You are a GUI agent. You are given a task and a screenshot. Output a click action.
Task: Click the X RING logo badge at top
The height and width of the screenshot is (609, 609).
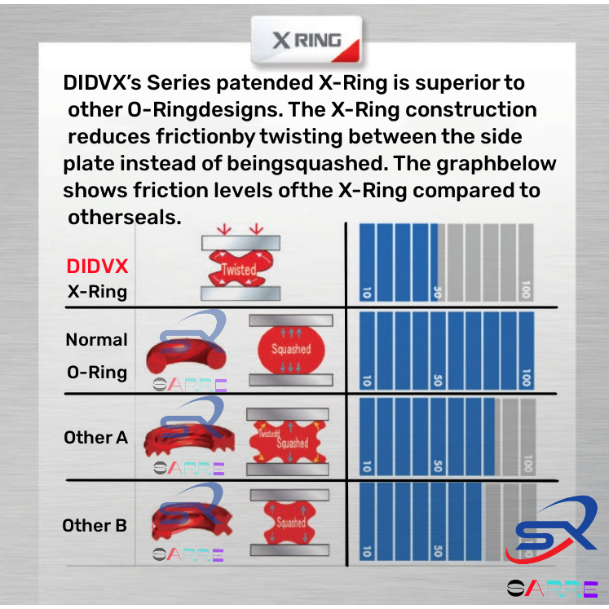point(305,42)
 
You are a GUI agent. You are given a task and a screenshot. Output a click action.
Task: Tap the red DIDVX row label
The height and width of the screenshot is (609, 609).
point(97,267)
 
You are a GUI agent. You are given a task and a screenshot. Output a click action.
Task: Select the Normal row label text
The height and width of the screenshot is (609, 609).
point(97,339)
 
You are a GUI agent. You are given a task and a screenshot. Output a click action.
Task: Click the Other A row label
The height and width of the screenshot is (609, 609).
point(95,437)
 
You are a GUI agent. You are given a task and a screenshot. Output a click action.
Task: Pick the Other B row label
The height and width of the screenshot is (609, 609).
point(95,526)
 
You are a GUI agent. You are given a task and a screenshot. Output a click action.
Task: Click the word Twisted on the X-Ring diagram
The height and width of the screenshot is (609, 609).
point(239,270)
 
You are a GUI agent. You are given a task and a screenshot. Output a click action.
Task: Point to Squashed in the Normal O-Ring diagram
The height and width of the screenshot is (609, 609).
point(291,349)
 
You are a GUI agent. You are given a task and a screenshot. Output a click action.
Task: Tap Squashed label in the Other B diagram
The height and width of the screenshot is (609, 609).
point(291,523)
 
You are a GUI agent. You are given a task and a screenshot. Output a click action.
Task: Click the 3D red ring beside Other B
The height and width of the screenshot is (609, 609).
point(183,526)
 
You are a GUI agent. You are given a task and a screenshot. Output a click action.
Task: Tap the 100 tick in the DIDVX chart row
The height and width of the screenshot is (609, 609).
point(528,291)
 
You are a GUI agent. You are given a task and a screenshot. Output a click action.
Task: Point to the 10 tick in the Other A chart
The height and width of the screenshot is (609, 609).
point(367,466)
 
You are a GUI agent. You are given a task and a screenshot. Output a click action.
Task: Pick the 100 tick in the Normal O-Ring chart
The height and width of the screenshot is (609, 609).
point(528,378)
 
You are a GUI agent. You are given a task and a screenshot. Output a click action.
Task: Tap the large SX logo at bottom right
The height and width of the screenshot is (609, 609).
point(552,530)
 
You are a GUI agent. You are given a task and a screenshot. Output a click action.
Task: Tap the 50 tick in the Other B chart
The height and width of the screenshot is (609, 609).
point(439,553)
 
